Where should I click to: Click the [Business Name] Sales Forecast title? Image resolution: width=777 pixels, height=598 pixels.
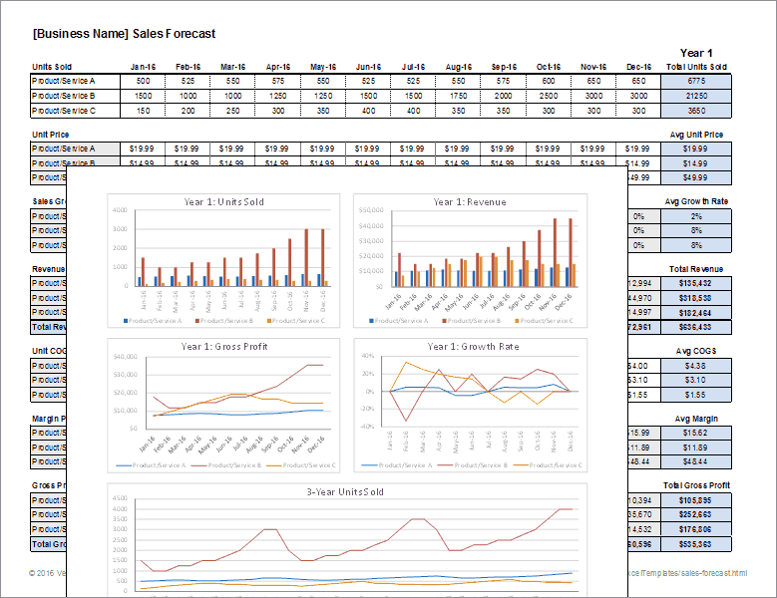pos(124,33)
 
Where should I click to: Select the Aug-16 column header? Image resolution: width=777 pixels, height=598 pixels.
pos(458,67)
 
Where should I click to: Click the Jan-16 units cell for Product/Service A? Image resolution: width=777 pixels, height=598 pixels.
pos(143,81)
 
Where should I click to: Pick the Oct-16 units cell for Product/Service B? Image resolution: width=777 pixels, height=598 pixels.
pos(548,96)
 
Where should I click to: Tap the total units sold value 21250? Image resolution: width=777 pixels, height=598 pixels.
pos(696,96)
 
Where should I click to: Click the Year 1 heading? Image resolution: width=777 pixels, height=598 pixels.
pos(696,53)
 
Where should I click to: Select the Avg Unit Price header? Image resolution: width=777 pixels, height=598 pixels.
pos(696,135)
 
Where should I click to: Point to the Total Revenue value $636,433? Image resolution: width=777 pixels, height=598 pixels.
pos(696,326)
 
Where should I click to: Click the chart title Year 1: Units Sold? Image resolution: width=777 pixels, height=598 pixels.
pos(224,202)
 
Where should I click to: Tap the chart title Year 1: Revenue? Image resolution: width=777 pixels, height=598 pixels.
pos(469,202)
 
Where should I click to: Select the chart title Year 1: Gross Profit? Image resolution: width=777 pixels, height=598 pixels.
pos(225,347)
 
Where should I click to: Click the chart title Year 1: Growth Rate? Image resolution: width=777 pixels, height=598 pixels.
pos(469,347)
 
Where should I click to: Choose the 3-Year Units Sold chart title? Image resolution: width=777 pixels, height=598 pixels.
pos(345,492)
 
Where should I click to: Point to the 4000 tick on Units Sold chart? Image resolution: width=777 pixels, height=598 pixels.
pos(120,211)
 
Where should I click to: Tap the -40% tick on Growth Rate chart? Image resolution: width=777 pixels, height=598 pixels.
pos(366,427)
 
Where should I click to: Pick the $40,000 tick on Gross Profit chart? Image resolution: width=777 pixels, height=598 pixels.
pos(126,357)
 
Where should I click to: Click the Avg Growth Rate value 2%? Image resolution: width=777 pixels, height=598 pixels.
pos(696,215)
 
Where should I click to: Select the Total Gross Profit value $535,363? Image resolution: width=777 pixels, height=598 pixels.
pos(696,544)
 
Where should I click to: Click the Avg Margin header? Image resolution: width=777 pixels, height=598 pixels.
pos(696,418)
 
